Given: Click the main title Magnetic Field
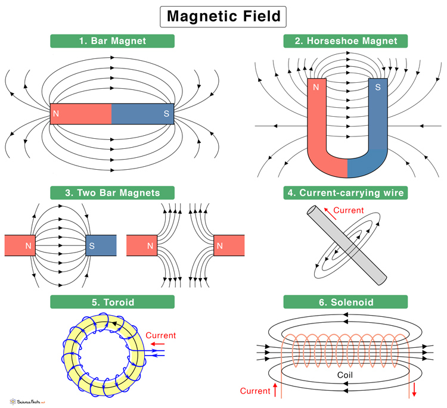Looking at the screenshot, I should pos(223,16).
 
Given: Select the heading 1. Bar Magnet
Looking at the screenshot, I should pos(112,41).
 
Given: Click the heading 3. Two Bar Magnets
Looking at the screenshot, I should pos(113,192).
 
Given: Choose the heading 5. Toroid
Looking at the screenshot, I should pos(113,303).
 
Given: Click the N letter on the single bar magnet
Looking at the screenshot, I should pos(56,113).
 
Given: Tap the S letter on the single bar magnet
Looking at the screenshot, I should pos(167,113).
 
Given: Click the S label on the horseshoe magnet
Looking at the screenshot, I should pos(377,87).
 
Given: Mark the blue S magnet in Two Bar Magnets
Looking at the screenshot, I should pos(101,245).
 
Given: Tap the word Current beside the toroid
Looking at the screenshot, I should pos(161,335).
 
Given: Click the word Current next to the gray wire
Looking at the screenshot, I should pos(347,210).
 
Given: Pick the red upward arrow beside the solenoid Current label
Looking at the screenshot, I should pos(275,391).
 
